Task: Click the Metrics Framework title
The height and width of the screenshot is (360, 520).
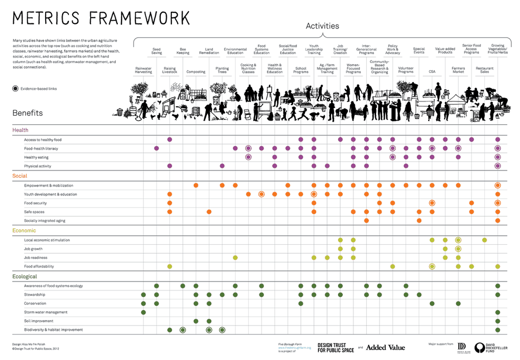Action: pyautogui.click(x=101, y=18)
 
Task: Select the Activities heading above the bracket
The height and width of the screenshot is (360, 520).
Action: pyautogui.click(x=322, y=26)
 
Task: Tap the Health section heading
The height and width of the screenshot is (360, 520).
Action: pyautogui.click(x=21, y=130)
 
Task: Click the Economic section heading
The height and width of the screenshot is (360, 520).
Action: pyautogui.click(x=24, y=231)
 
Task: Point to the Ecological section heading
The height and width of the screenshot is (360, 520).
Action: pyautogui.click(x=25, y=277)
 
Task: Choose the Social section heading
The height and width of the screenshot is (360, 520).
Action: pyautogui.click(x=20, y=176)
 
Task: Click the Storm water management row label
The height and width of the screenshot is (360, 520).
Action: pyautogui.click(x=46, y=312)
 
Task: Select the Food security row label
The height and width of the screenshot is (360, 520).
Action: pyautogui.click(x=35, y=203)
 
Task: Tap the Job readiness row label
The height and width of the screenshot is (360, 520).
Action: pyautogui.click(x=36, y=258)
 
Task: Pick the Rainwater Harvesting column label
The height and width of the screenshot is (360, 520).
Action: pyautogui.click(x=143, y=70)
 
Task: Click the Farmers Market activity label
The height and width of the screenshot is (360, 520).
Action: pyautogui.click(x=458, y=70)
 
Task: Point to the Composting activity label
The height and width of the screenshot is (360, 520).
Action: pyautogui.click(x=196, y=72)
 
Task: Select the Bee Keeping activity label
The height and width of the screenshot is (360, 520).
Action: pyautogui.click(x=183, y=51)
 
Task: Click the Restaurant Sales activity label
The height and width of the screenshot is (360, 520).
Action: pyautogui.click(x=484, y=70)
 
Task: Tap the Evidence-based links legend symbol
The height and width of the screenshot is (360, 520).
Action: pyautogui.click(x=15, y=89)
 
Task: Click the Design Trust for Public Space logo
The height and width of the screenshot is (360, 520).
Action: pyautogui.click(x=335, y=348)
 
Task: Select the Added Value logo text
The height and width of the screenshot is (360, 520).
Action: pyautogui.click(x=385, y=348)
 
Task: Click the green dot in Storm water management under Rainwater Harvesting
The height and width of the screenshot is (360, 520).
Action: pyautogui.click(x=143, y=312)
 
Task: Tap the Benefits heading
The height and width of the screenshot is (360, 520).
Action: pyautogui.click(x=28, y=113)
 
